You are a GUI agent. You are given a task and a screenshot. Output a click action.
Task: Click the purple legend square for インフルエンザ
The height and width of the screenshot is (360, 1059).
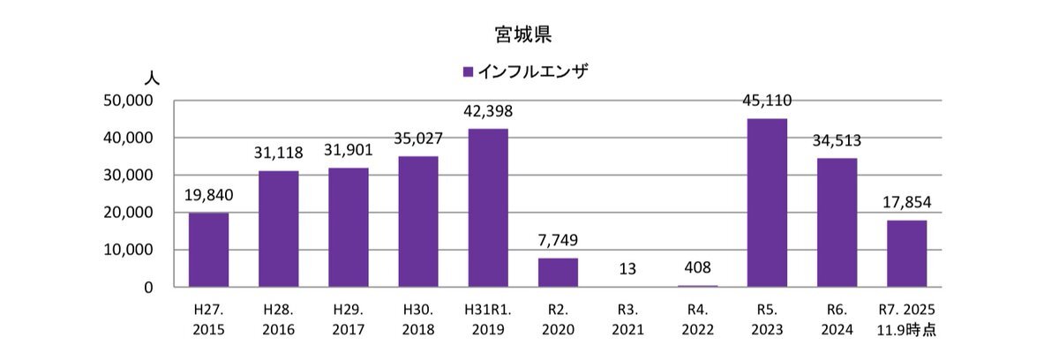(468, 71)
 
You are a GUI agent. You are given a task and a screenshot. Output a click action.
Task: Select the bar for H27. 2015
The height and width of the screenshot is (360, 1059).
(208, 250)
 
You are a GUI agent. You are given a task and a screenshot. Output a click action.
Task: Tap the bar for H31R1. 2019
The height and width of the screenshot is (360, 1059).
(488, 208)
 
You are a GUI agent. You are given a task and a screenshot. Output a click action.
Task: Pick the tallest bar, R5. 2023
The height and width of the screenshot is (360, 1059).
(767, 203)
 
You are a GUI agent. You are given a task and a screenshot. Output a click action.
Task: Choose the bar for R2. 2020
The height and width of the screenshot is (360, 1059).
(558, 273)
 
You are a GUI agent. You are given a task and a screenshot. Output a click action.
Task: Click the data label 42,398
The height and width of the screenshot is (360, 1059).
(488, 112)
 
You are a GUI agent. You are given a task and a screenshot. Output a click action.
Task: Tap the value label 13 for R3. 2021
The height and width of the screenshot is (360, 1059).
(627, 268)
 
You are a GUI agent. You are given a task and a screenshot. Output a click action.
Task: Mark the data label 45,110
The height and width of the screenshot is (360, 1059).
(767, 101)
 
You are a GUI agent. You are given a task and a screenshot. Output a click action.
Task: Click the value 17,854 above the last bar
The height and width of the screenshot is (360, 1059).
(906, 203)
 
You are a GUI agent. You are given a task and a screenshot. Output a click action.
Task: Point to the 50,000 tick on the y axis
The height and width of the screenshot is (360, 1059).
(129, 101)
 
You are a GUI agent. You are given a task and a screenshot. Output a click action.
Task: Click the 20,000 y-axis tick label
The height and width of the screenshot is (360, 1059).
(129, 213)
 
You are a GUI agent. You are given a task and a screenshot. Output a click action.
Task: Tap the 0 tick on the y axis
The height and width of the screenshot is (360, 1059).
(150, 288)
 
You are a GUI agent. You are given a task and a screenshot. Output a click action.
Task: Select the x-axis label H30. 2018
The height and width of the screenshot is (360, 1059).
(418, 319)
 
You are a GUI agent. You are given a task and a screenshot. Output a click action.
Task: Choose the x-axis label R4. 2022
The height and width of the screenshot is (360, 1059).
(697, 319)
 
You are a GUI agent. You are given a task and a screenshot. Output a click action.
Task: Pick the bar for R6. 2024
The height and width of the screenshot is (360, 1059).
(837, 222)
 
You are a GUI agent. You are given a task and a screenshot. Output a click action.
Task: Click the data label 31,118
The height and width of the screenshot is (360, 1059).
(279, 154)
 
